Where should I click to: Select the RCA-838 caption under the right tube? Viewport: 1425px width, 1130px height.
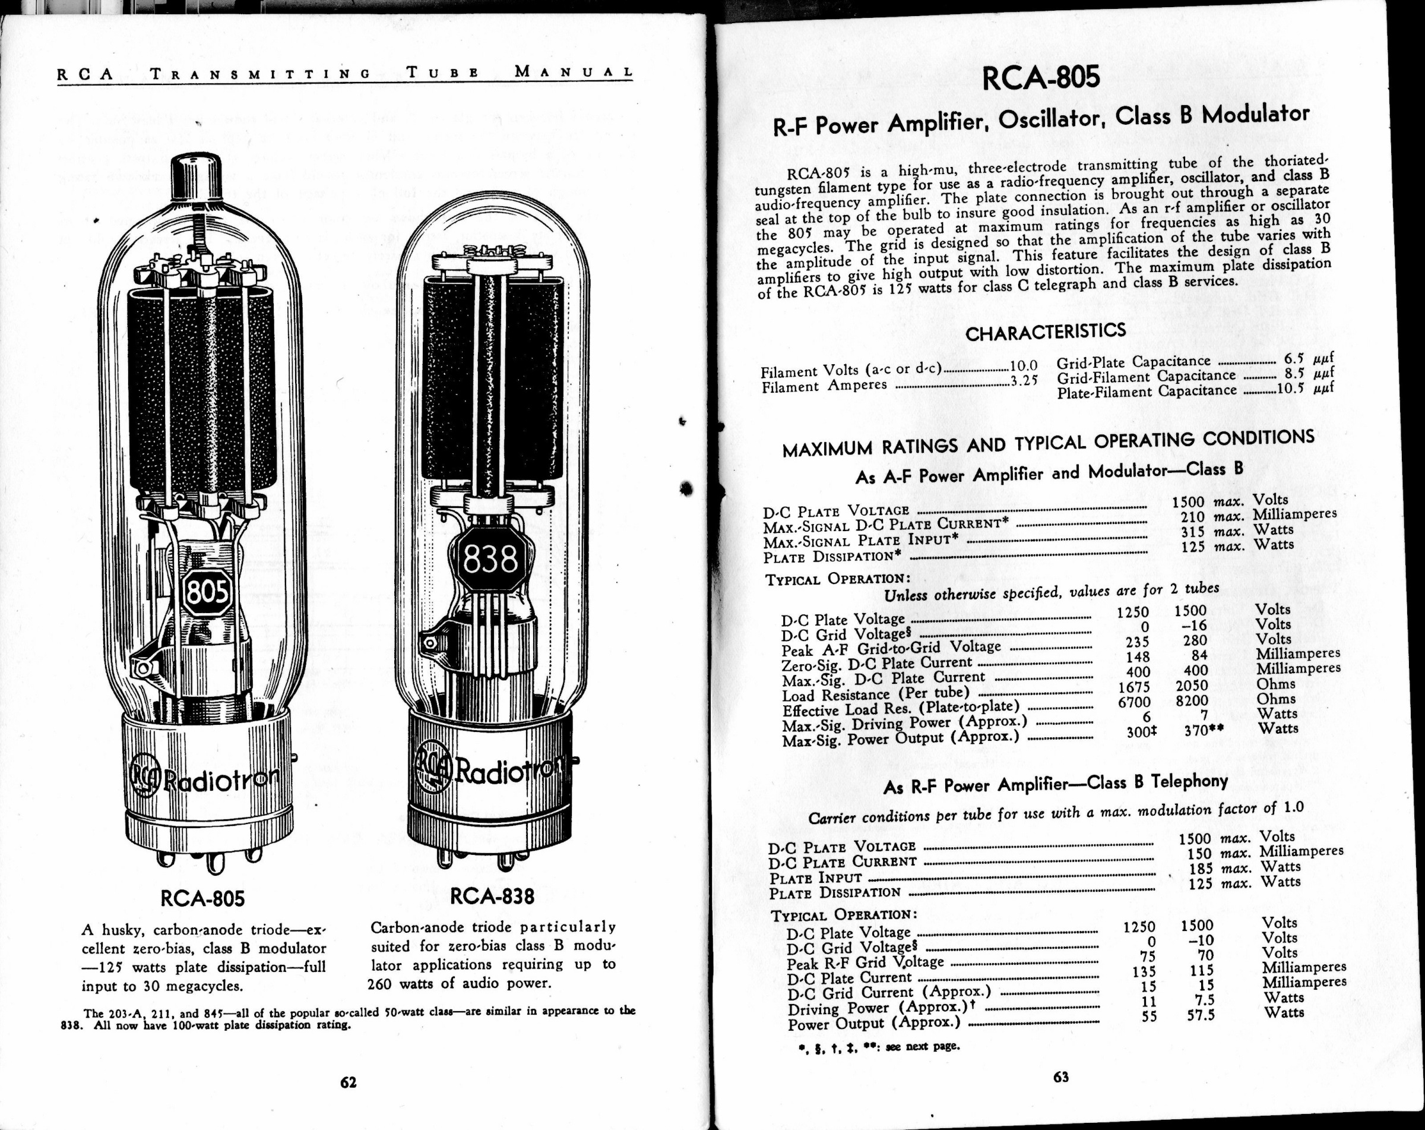492,896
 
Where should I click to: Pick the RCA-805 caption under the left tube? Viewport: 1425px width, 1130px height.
202,898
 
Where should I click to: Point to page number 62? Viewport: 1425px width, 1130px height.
349,1082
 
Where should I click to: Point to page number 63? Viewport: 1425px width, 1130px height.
1061,1077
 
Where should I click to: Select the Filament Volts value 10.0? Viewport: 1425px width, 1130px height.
1024,365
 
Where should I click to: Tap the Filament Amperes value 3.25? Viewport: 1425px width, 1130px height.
1024,381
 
